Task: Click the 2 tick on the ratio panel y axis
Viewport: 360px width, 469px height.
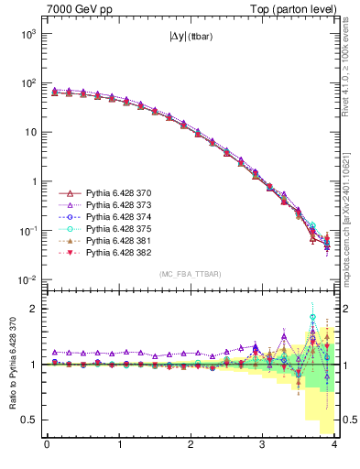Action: (x=35, y=309)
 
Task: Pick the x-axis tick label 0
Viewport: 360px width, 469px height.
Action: (x=47, y=446)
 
